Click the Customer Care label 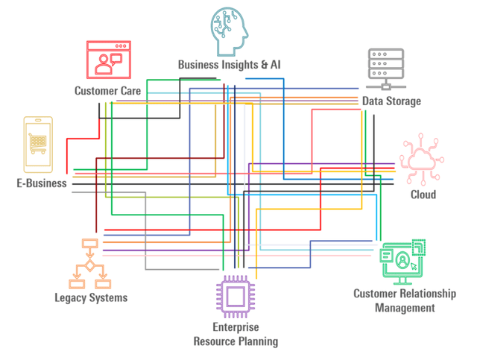click(107, 91)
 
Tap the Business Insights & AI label click(229, 65)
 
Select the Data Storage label click(391, 101)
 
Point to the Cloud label click(423, 195)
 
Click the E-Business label click(41, 183)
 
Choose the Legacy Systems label click(91, 298)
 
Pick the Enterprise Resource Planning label click(236, 335)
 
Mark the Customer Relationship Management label click(404, 300)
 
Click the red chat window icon click(109, 59)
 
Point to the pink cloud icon click(423, 160)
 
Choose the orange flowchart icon click(89, 264)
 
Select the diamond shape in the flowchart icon click(89, 265)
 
